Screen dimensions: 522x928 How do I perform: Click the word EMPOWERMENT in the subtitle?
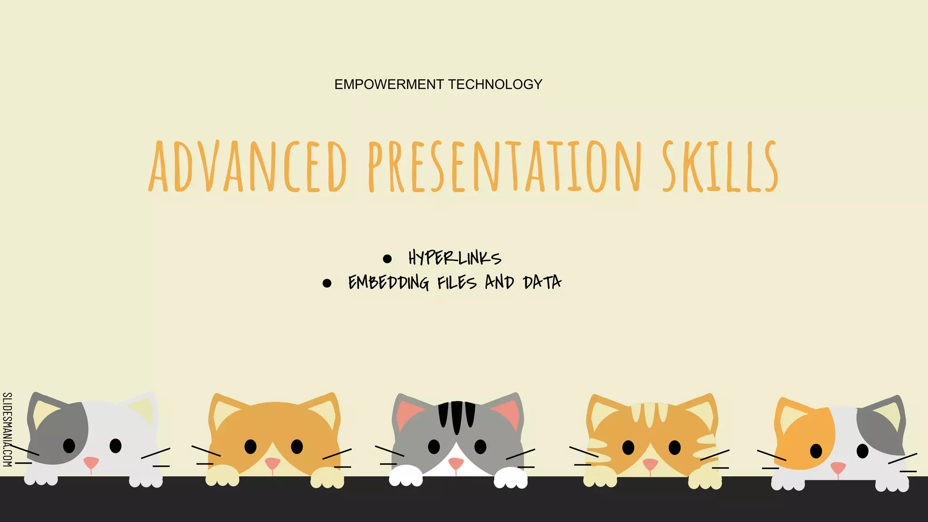coord(389,84)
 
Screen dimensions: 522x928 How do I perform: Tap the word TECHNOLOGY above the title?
coord(495,84)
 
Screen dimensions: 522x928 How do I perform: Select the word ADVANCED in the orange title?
coord(248,166)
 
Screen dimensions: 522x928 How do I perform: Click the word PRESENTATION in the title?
coord(505,166)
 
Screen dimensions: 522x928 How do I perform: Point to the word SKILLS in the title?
coord(720,166)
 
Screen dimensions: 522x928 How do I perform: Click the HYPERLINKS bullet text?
coord(454,258)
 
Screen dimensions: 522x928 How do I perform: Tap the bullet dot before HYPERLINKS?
coord(387,259)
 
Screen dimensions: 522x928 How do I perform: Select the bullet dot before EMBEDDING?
coord(327,283)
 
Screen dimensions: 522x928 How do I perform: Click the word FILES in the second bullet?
coord(457,282)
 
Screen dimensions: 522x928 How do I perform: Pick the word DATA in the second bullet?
coord(542,282)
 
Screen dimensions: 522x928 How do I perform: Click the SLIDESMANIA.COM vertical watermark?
coord(7,430)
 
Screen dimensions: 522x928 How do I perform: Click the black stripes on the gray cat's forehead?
coord(456,415)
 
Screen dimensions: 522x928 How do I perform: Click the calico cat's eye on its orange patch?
coord(816,451)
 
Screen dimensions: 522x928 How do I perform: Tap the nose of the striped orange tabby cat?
coord(650,464)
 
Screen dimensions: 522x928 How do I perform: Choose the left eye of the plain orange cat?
coord(250,447)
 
